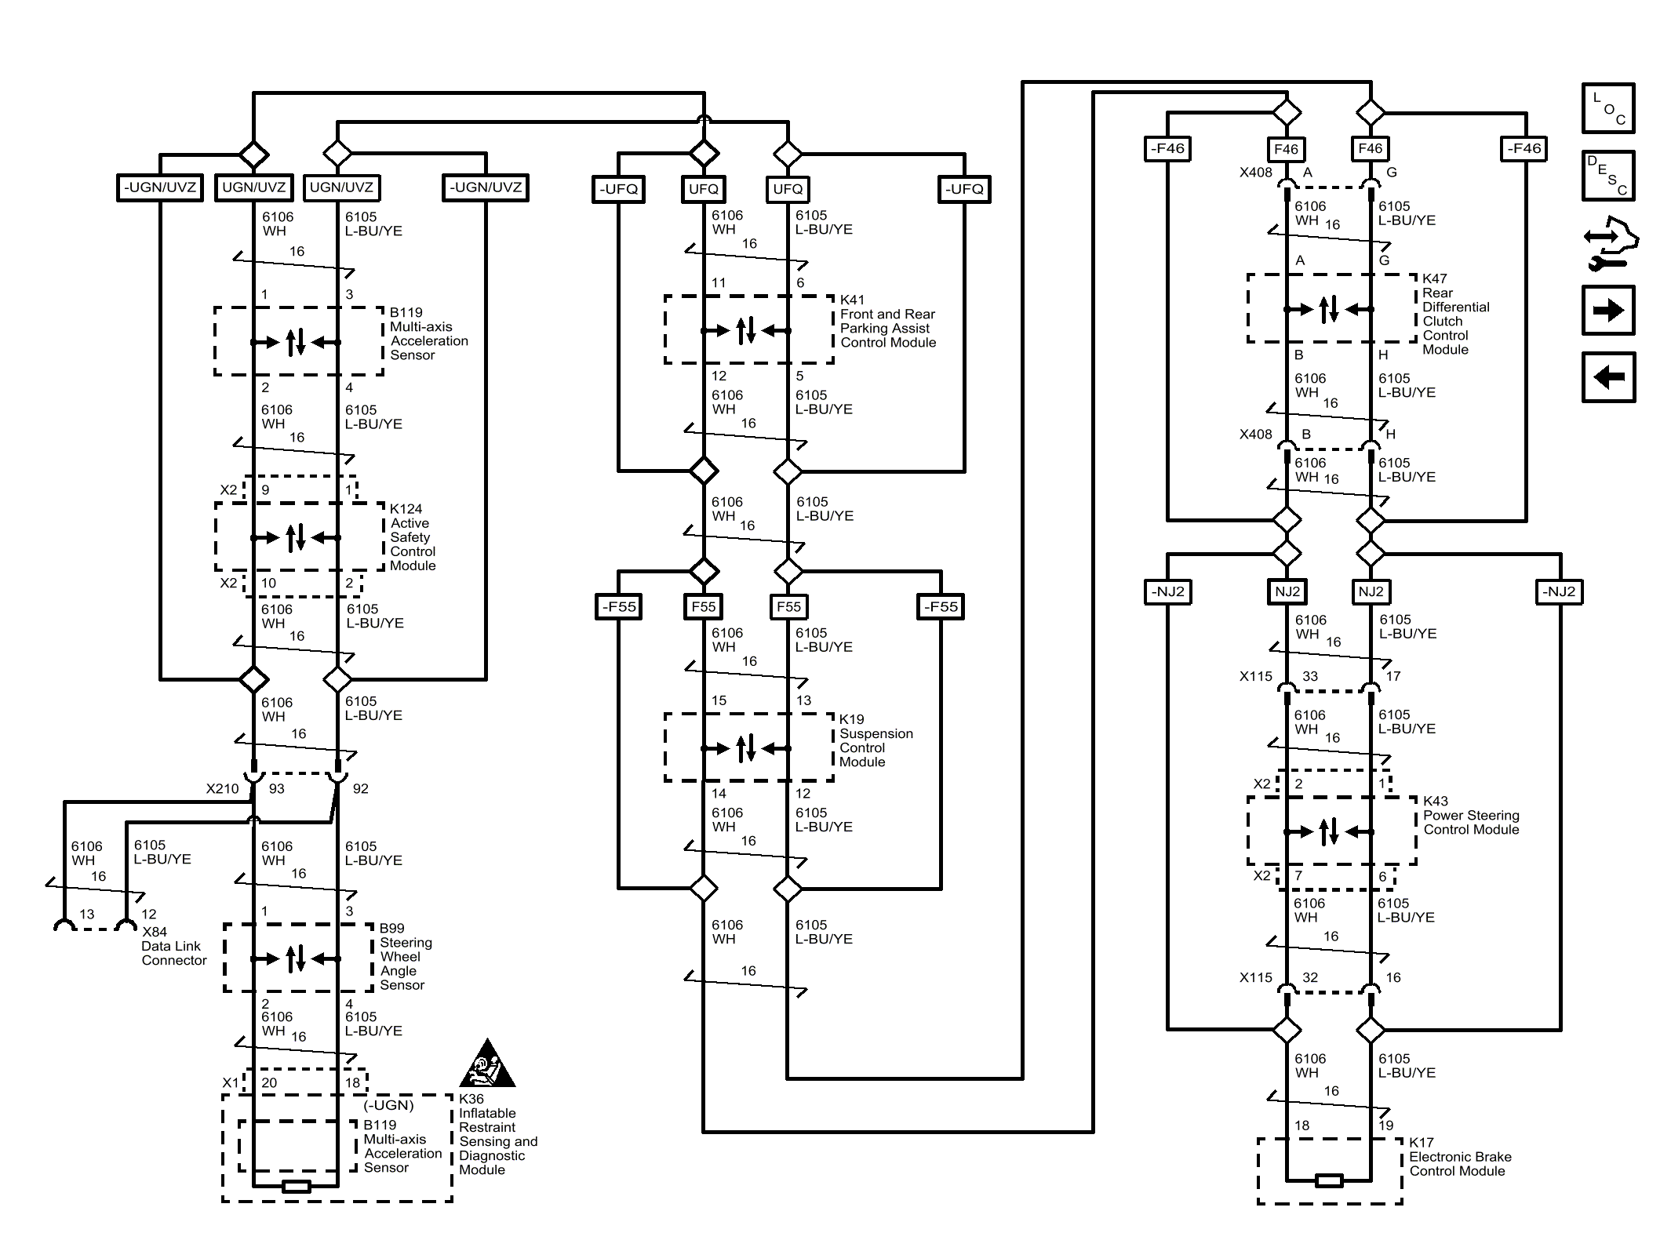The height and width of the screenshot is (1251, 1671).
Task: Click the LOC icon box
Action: pyautogui.click(x=1607, y=108)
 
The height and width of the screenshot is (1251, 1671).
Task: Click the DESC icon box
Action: pyautogui.click(x=1607, y=176)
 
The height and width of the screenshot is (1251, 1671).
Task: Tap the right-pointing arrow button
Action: pyautogui.click(x=1607, y=311)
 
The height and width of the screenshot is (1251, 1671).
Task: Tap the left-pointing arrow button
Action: pyautogui.click(x=1607, y=377)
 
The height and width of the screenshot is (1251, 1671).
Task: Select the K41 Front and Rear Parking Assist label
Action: pyautogui.click(x=887, y=322)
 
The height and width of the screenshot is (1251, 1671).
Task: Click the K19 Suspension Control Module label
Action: pyautogui.click(x=875, y=740)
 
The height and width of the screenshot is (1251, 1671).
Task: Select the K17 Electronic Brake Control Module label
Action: pyautogui.click(x=1458, y=1157)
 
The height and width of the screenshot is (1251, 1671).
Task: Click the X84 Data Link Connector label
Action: pyautogui.click(x=173, y=946)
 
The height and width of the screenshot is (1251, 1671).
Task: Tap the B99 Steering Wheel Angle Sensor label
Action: pyautogui.click(x=405, y=956)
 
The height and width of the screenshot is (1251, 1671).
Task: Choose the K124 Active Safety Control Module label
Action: pyautogui.click(x=412, y=537)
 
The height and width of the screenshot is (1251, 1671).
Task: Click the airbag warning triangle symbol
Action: pyautogui.click(x=487, y=1064)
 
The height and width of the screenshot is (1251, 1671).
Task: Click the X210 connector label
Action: pyautogui.click(x=222, y=789)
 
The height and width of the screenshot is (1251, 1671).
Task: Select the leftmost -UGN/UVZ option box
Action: pyautogui.click(x=159, y=187)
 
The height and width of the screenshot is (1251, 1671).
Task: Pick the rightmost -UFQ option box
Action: pyautogui.click(x=964, y=189)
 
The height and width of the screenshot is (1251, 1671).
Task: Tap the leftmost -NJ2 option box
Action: pyautogui.click(x=1167, y=591)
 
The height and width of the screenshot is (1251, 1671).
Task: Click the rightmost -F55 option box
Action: pyautogui.click(x=941, y=606)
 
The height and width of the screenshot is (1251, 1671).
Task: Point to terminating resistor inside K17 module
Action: pyautogui.click(x=1329, y=1180)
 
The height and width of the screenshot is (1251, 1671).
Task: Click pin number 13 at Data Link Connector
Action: pyautogui.click(x=86, y=915)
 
